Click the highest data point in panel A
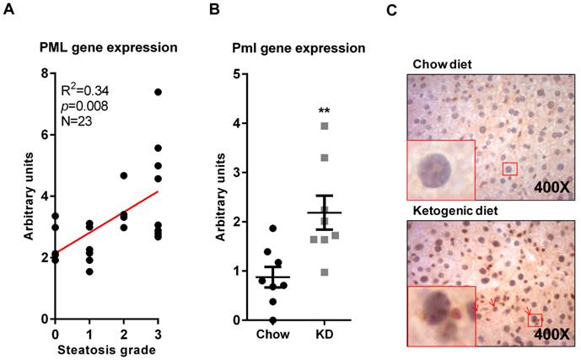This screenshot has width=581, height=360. [157, 92]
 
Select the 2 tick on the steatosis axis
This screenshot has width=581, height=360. [123, 331]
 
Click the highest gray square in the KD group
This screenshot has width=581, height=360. [323, 126]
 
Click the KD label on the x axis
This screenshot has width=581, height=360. [323, 335]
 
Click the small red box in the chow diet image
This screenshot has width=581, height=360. [508, 169]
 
